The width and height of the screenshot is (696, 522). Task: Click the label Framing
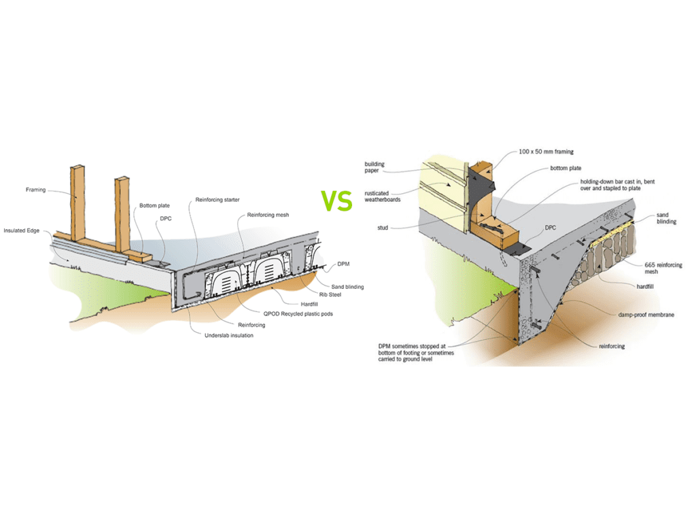35,190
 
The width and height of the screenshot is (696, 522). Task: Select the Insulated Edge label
22,230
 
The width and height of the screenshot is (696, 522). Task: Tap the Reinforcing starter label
217,199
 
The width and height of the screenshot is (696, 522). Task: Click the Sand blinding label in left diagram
347,287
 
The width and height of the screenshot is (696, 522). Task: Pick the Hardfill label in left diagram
310,304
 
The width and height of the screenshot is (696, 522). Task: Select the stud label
382,228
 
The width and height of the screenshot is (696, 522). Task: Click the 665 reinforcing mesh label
665,268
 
